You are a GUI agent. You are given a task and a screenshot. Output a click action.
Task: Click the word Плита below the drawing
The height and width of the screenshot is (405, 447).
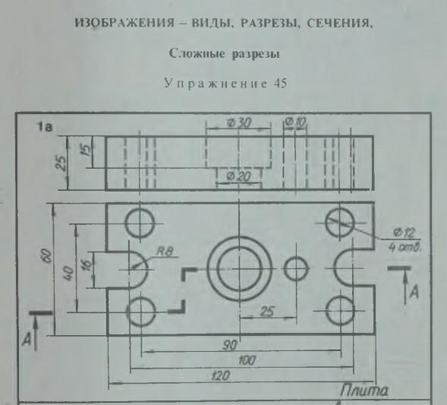click(x=364, y=390)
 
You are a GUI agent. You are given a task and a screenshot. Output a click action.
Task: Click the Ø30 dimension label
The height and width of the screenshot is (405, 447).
click(x=239, y=123)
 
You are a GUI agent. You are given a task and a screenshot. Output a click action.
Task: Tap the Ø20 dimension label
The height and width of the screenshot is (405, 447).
click(x=238, y=177)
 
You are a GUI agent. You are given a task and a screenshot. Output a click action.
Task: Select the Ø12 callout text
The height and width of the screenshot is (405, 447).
click(x=404, y=233)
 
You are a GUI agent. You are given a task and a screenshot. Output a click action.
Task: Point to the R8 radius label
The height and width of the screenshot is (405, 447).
click(x=165, y=252)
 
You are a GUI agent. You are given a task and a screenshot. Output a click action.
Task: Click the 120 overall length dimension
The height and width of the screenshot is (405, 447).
click(x=220, y=375)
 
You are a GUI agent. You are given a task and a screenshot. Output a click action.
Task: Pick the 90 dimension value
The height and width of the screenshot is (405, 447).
click(x=229, y=345)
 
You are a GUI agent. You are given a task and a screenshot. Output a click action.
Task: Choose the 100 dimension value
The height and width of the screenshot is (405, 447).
click(x=247, y=360)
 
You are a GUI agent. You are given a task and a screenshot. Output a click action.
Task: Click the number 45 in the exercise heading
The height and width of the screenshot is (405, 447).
click(x=280, y=84)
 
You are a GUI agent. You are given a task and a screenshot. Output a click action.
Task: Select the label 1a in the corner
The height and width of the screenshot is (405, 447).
click(x=45, y=127)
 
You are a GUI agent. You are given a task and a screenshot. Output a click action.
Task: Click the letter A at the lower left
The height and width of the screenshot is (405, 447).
click(x=27, y=340)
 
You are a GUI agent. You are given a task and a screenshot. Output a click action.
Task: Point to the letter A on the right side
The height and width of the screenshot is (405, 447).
click(x=414, y=292)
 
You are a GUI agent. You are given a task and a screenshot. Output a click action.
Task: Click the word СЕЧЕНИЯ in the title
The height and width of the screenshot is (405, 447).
click(x=339, y=23)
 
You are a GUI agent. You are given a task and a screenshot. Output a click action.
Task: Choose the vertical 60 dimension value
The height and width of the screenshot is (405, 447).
click(x=48, y=256)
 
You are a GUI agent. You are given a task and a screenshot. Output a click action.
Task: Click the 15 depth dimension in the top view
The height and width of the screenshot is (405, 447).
click(x=88, y=149)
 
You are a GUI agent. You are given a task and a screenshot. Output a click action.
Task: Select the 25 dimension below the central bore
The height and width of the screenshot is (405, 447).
click(x=267, y=312)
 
